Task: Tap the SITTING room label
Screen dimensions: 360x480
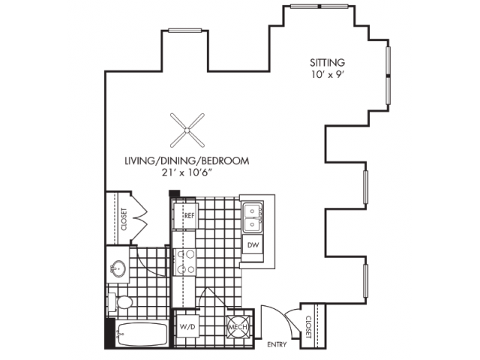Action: click(x=328, y=62)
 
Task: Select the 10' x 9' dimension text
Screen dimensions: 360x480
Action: click(x=328, y=75)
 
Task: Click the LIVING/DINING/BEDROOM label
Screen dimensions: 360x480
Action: click(x=186, y=161)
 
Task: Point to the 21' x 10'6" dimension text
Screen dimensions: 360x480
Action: click(x=186, y=174)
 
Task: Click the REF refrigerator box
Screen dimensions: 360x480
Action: click(x=189, y=215)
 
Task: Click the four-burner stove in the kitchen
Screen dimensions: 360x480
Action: click(x=184, y=261)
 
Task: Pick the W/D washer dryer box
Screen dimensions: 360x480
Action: click(x=187, y=326)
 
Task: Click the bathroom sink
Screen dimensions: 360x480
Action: click(x=118, y=268)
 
